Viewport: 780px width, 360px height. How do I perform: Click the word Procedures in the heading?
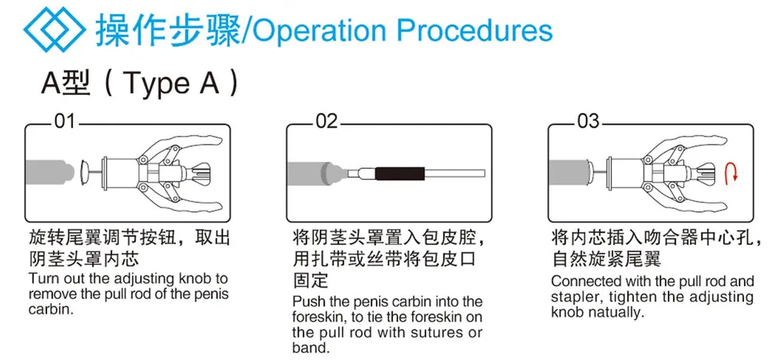tap(475, 30)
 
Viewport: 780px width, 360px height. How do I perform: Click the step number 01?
tap(64, 122)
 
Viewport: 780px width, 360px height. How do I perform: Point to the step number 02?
tap(327, 122)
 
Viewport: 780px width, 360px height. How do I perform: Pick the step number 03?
tap(588, 122)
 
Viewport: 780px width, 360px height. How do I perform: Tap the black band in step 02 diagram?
tap(400, 173)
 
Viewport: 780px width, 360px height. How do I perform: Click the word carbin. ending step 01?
tap(51, 308)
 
